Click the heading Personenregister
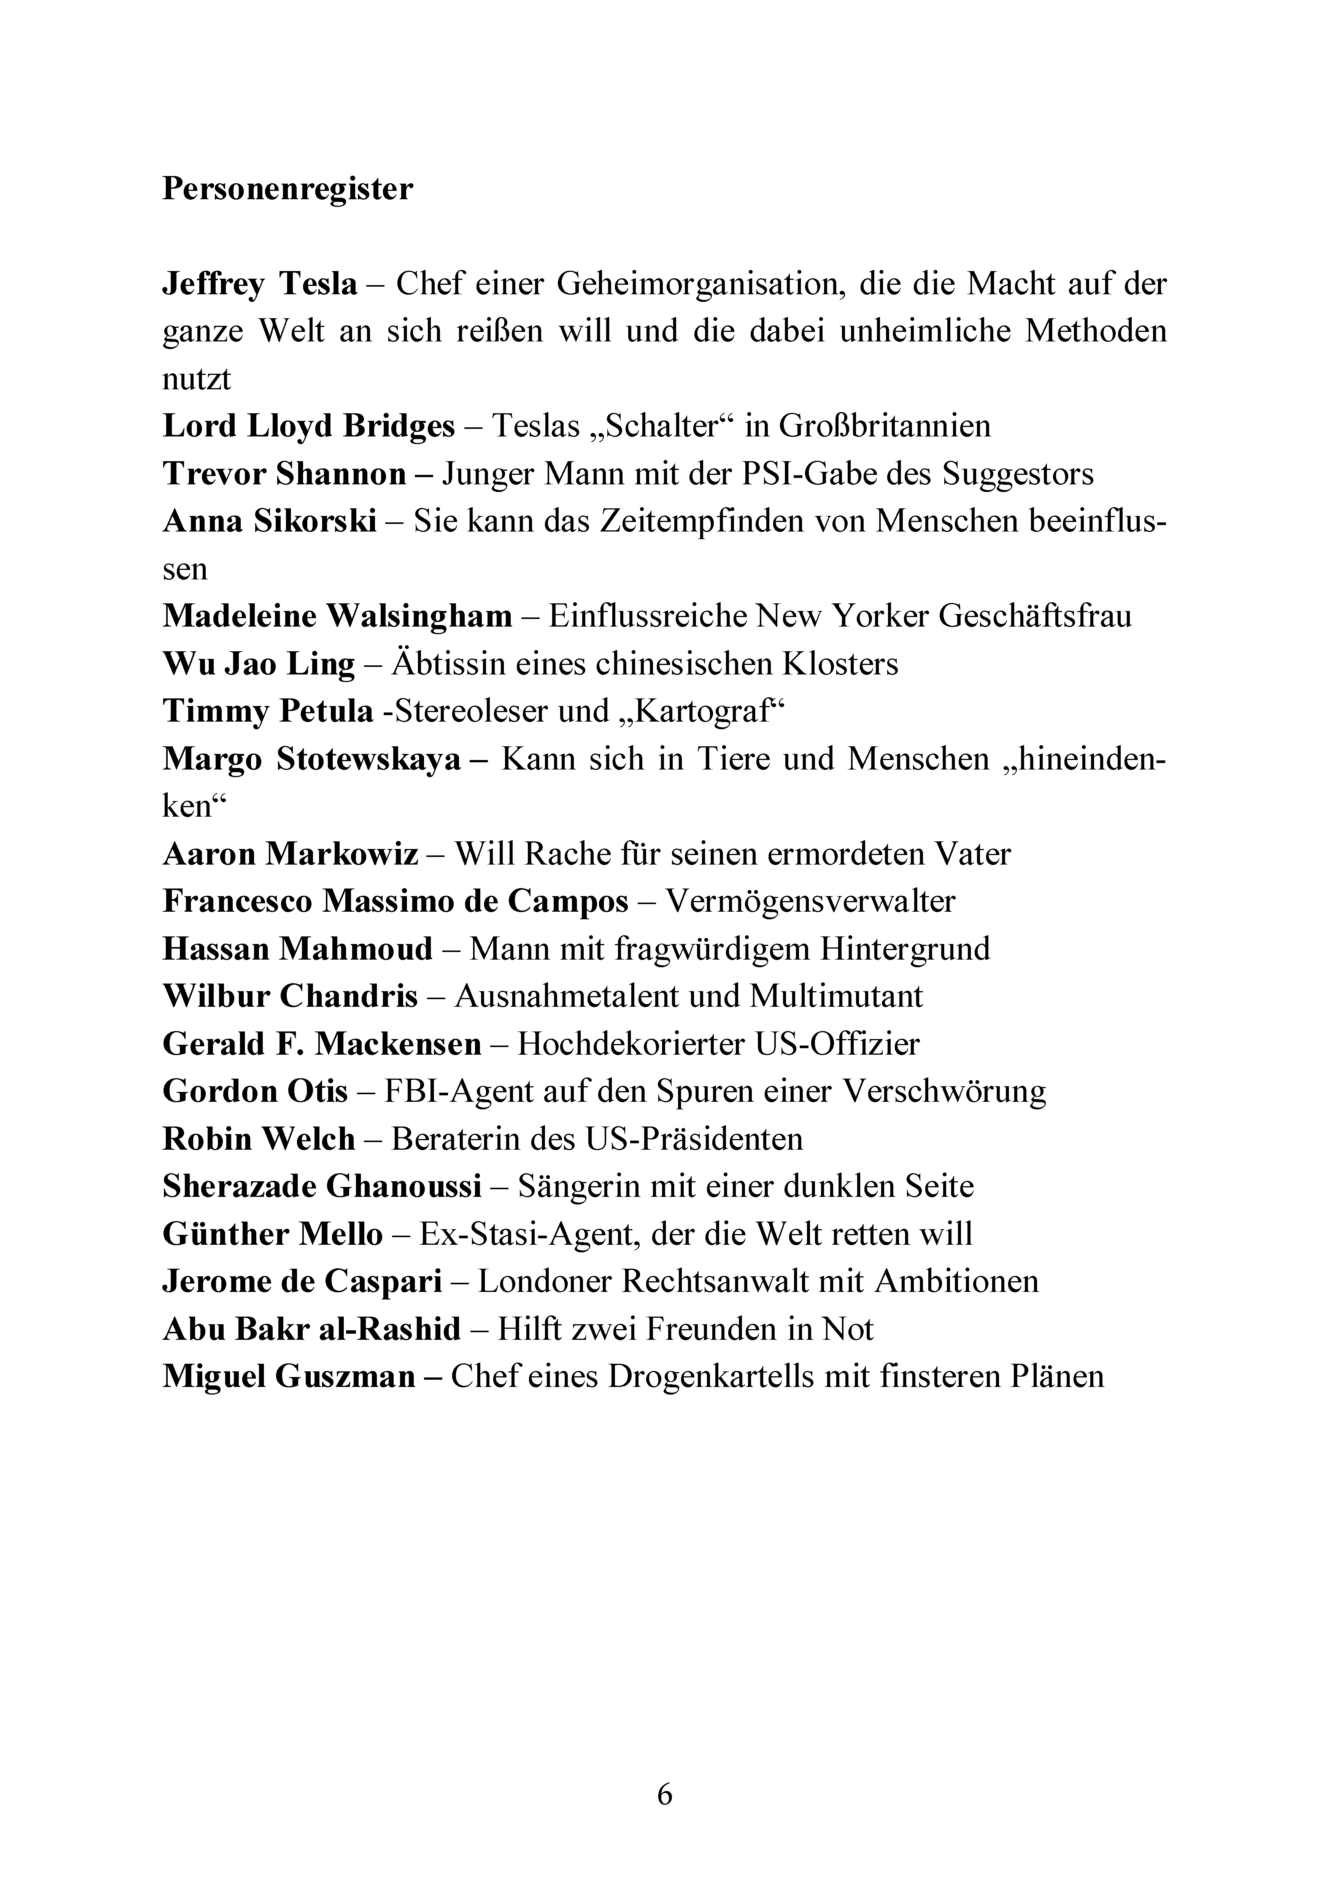[x=287, y=190]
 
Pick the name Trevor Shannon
[x=284, y=474]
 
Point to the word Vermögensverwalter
[x=810, y=901]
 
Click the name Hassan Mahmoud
[x=297, y=949]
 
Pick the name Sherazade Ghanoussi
[x=322, y=1186]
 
